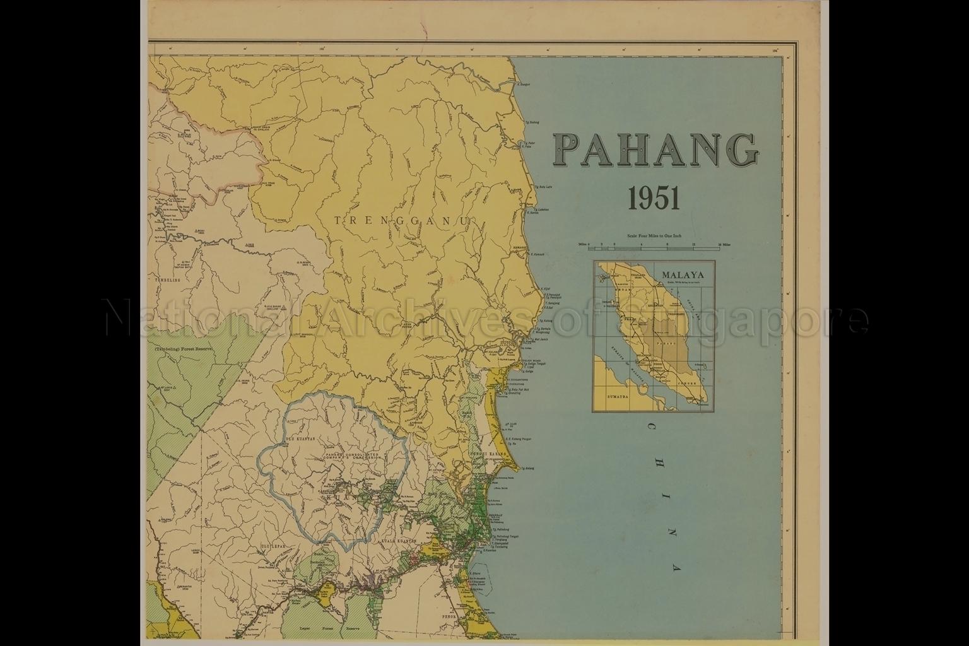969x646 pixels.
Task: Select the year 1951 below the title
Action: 654,199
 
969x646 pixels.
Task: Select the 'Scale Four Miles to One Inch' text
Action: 654,235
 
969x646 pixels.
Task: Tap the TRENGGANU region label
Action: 403,220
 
